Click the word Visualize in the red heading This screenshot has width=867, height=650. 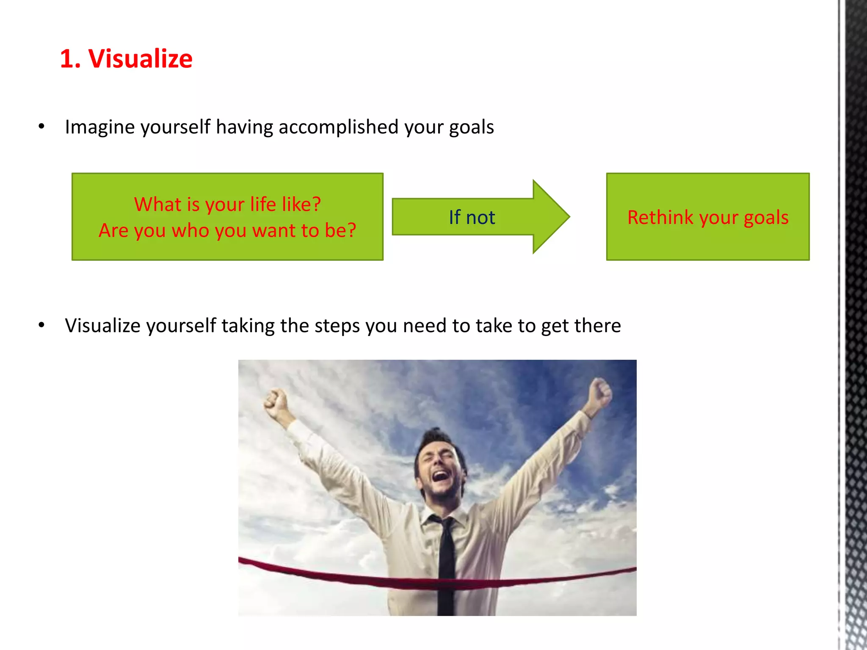tap(140, 58)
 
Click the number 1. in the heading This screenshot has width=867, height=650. tap(70, 58)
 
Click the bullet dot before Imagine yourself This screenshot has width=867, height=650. tap(41, 126)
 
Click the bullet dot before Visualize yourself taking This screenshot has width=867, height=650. tap(41, 325)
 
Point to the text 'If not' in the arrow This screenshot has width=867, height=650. tap(472, 218)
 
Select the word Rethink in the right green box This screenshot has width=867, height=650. tap(660, 218)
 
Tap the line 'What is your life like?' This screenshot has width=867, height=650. tap(227, 204)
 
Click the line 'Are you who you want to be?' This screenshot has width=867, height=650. tap(227, 231)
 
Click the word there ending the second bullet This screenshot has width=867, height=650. tap(597, 326)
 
